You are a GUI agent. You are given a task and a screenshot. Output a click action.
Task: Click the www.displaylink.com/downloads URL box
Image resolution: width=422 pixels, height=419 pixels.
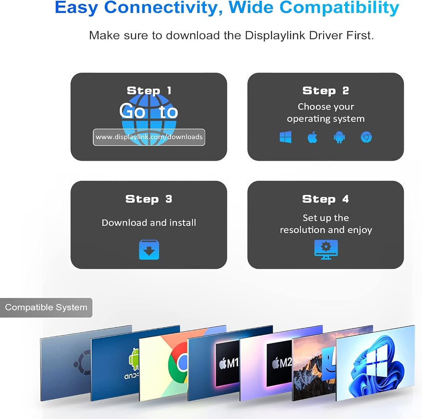point(149,137)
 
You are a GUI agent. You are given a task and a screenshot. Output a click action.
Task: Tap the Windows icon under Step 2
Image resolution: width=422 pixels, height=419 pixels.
point(286,137)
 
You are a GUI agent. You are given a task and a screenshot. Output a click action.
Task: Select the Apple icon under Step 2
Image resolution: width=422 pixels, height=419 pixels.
point(312,137)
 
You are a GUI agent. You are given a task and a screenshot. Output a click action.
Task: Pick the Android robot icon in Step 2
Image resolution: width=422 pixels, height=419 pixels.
point(339,137)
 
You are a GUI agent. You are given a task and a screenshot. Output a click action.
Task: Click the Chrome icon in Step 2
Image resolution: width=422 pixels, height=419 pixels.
point(366,137)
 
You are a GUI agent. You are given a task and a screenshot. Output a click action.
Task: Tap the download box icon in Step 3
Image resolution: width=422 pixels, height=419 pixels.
point(149,250)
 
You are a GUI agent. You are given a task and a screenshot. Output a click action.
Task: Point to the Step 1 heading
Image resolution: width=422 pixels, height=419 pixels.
point(149,90)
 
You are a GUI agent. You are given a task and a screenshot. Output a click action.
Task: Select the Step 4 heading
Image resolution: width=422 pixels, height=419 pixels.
point(325,199)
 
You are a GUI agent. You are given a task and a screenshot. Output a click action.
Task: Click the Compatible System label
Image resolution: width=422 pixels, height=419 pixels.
point(46,307)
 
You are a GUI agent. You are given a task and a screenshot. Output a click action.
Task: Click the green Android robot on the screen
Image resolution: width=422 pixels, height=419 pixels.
point(134,359)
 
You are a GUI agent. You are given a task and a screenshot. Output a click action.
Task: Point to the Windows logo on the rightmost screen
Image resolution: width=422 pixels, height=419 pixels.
point(376,360)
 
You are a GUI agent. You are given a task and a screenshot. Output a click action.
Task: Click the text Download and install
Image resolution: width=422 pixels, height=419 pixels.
point(149,223)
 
